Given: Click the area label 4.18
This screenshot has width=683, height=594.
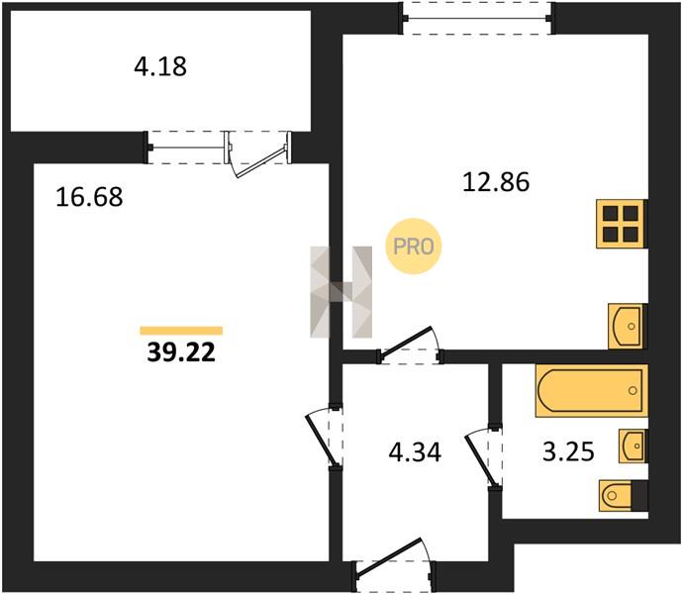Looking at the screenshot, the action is (x=160, y=67).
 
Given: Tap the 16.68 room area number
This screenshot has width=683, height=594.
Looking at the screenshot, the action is (x=89, y=197).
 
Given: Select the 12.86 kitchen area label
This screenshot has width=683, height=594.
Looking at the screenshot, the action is (x=496, y=182).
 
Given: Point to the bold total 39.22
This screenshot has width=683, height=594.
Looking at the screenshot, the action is (x=181, y=352).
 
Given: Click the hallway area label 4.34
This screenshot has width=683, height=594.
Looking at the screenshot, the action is (x=415, y=451).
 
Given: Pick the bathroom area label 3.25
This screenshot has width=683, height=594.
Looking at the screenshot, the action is (x=568, y=451).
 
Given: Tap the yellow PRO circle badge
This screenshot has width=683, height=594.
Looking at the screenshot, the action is (x=414, y=247).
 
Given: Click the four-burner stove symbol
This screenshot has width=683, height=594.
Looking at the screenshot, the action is (x=622, y=224).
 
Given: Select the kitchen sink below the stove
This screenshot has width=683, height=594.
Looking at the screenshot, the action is (x=628, y=326).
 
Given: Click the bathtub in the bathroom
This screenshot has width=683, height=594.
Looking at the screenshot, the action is (x=592, y=390).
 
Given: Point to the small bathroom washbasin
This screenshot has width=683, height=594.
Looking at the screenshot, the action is (x=634, y=445).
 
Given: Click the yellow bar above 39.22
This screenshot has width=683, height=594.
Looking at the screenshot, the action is (x=181, y=331).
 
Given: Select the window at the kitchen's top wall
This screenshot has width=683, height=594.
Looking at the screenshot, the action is (x=477, y=18).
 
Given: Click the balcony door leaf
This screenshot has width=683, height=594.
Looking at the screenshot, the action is (x=261, y=161).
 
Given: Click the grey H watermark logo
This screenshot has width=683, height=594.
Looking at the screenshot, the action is (x=341, y=292).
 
